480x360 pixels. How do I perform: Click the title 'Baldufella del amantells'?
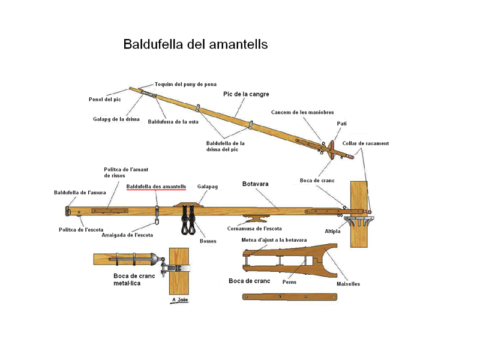(195, 44)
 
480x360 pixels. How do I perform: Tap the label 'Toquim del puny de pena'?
(185, 85)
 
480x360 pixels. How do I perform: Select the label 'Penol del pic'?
(105, 99)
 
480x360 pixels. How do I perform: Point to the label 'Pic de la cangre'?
(246, 94)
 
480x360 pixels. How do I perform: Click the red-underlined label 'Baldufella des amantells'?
(156, 187)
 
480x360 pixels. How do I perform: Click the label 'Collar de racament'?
(365, 143)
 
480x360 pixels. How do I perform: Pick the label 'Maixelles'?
(348, 284)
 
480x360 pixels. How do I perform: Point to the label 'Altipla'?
(332, 230)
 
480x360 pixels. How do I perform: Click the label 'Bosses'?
(208, 241)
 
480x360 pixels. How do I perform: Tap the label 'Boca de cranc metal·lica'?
(127, 280)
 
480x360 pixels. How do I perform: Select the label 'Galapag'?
(207, 187)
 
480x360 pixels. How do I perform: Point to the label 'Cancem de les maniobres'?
(302, 112)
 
